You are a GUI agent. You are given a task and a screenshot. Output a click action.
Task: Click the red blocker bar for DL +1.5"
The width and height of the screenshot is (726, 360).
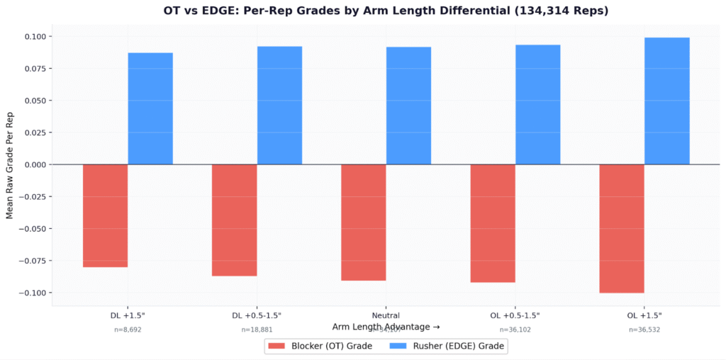click(x=105, y=215)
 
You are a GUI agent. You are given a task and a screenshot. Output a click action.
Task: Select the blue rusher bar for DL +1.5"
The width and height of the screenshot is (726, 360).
click(x=150, y=108)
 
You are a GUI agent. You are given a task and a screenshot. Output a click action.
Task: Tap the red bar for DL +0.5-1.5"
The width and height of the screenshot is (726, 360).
click(x=234, y=220)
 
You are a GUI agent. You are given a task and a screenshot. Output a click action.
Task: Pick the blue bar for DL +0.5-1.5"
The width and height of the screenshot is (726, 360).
click(x=279, y=106)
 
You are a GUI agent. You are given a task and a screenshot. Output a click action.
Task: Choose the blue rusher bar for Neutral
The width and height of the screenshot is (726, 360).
click(x=408, y=106)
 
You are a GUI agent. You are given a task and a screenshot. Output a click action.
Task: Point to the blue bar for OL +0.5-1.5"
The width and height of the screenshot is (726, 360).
click(x=538, y=105)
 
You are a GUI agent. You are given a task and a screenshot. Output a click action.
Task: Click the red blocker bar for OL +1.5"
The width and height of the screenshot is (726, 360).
click(x=622, y=228)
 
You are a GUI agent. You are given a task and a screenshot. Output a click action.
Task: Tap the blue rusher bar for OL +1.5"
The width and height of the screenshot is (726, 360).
click(x=667, y=101)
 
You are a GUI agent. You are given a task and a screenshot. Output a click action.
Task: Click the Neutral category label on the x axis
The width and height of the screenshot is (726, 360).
click(x=386, y=315)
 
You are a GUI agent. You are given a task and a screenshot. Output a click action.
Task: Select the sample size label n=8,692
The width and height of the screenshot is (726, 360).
click(x=128, y=330)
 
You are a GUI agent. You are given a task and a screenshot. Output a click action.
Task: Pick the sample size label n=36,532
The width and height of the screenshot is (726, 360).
click(x=644, y=330)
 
